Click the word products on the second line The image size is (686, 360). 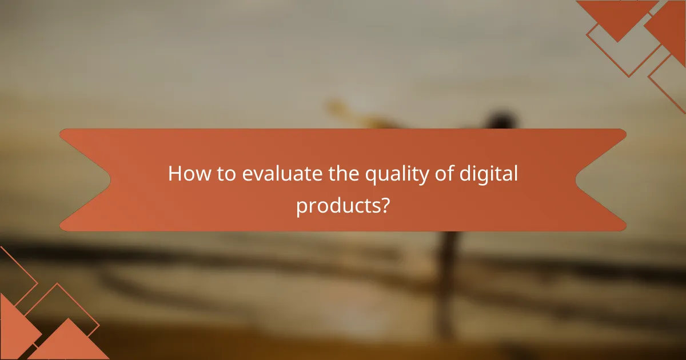tap(337, 206)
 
